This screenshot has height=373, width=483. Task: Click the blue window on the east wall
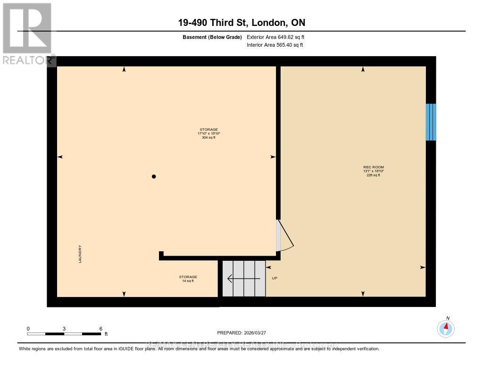431,122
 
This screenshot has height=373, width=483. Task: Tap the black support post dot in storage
153,177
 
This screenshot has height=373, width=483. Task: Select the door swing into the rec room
285,236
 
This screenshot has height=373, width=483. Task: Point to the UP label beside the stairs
275,278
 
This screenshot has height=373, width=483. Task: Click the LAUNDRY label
81,254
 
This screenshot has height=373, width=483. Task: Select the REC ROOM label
370,167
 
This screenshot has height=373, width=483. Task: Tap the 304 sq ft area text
208,138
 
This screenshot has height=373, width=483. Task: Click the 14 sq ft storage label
188,281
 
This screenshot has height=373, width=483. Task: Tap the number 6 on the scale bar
101,329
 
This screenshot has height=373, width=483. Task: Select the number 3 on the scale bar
64,329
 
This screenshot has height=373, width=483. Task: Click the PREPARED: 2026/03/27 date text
245,332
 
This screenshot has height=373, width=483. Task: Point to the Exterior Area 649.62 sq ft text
278,37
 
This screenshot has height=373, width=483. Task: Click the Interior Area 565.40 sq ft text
275,45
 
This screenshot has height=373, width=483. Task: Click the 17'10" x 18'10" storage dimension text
209,133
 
